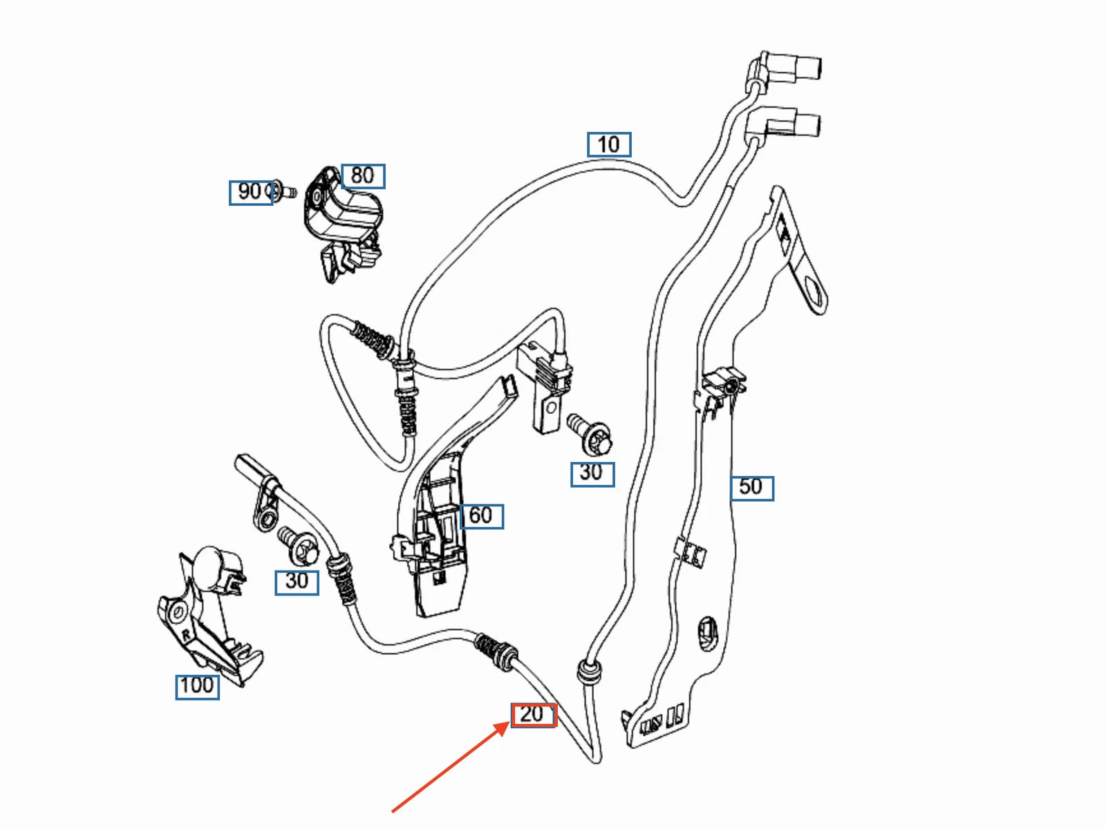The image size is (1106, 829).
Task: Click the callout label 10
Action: (x=609, y=145)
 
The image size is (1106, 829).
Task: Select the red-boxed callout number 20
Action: (x=533, y=714)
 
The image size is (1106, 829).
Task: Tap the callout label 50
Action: (x=751, y=488)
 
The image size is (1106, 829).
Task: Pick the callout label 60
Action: (x=481, y=516)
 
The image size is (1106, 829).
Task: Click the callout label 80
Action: (x=363, y=176)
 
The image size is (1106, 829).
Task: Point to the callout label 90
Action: (x=250, y=192)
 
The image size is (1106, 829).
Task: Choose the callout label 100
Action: (x=197, y=686)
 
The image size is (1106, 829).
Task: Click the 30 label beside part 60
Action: (x=592, y=473)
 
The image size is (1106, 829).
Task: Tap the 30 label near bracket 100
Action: (x=297, y=582)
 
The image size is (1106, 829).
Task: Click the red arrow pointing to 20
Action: (x=449, y=767)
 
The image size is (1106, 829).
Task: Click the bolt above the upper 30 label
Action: (x=589, y=432)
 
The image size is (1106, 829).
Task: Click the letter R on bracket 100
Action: (x=185, y=633)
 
